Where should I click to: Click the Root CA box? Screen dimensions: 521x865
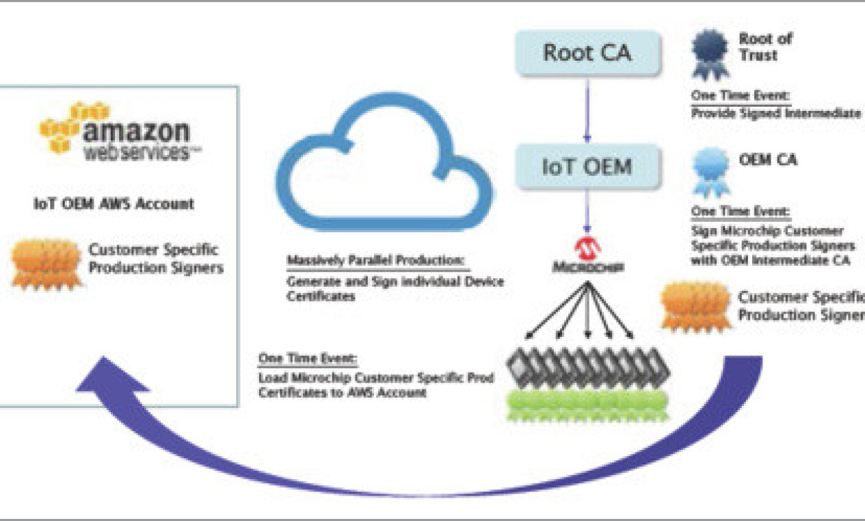click(586, 54)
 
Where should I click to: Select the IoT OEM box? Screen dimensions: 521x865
click(586, 166)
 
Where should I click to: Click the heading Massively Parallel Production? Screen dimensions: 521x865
click(377, 262)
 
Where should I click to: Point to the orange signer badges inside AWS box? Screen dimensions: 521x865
click(46, 263)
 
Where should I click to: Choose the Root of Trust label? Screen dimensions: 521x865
click(765, 47)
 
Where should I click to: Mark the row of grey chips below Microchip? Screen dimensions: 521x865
click(587, 367)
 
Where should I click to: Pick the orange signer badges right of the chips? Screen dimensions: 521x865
click(696, 305)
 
